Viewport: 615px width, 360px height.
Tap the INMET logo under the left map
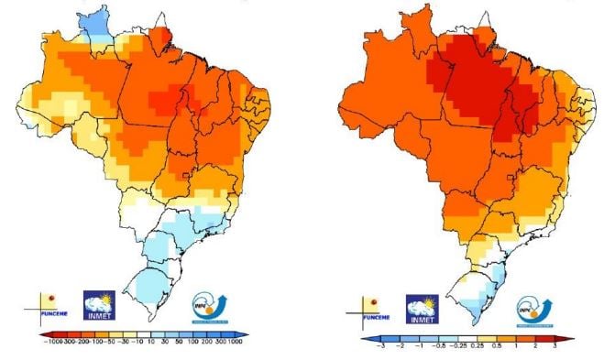click(100, 306)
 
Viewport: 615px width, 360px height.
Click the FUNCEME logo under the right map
click(375, 309)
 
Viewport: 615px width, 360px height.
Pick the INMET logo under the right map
click(423, 309)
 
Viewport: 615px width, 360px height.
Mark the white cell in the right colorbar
click(465, 340)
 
